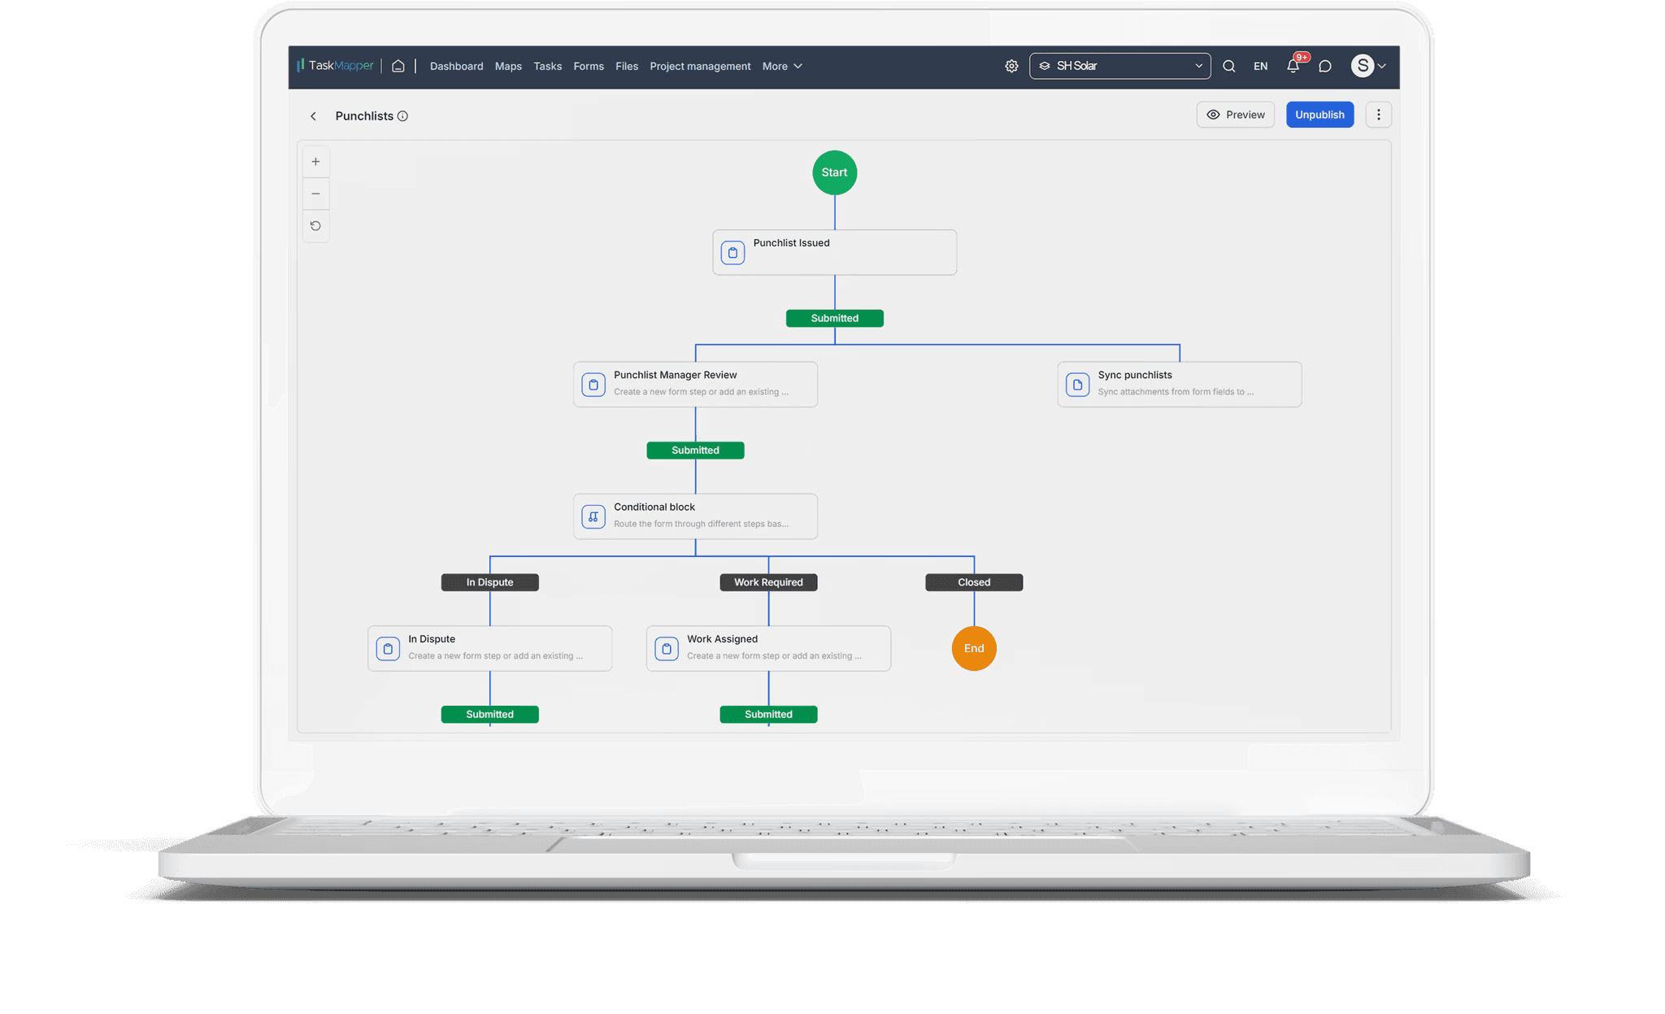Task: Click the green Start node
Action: pos(834,172)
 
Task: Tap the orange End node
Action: pos(974,648)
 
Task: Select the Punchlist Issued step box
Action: pos(834,252)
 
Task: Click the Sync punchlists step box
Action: pos(1179,384)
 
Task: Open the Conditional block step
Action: pos(695,516)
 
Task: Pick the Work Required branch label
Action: pos(768,582)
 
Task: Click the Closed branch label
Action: pos(974,582)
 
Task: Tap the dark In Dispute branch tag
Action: pos(489,582)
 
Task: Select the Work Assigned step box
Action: pos(768,648)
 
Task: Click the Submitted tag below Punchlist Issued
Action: pos(834,318)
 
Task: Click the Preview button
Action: pos(1235,115)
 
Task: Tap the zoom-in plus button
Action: pos(315,162)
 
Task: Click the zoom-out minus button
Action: pos(315,194)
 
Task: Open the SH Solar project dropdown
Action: pos(1119,66)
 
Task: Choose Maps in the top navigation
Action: pos(508,67)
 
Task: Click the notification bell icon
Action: pos(1293,66)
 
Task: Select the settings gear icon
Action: pos(1011,66)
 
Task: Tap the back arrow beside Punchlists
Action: pos(313,116)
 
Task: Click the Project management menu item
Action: pos(700,67)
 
